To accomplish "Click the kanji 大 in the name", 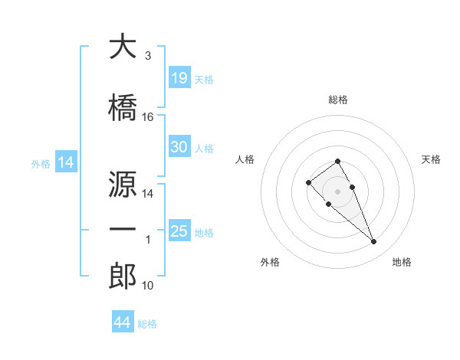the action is point(123,46).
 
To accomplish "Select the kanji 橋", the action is point(123,107).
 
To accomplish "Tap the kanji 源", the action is point(123,184).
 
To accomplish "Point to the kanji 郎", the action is point(123,276).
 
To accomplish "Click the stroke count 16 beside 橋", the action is point(147,117).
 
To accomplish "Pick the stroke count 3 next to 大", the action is point(148,56).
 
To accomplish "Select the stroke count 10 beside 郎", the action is point(147,286).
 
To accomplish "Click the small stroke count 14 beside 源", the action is point(147,194).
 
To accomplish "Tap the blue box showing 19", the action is point(179,77).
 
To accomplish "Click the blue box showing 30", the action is point(179,146).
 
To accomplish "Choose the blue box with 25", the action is point(179,230).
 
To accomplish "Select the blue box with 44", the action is point(123,321).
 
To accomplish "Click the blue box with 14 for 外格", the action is point(66,162).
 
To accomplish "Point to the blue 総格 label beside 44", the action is point(147,324).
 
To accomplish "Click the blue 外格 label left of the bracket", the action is point(41,164).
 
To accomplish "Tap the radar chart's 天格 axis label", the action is point(431,159).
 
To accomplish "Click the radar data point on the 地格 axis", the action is point(373,242).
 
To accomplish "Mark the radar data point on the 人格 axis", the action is point(308,182).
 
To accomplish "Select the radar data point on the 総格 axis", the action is point(337,162).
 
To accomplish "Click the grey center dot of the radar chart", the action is point(337,191).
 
